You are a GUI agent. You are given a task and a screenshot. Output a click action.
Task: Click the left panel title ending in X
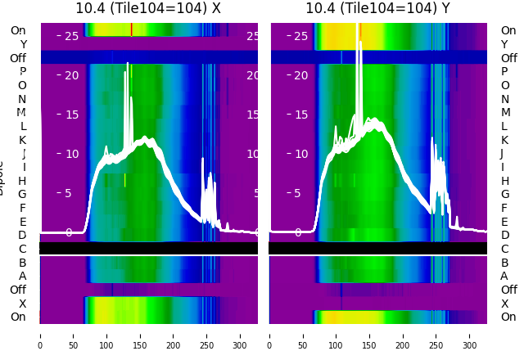(x=148, y=8)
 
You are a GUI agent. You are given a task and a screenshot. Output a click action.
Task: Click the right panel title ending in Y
(x=378, y=8)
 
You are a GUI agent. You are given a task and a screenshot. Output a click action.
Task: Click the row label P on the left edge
(x=23, y=72)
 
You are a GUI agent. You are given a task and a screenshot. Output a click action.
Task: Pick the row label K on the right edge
(x=504, y=140)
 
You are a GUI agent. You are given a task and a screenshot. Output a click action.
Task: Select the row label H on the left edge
(x=23, y=181)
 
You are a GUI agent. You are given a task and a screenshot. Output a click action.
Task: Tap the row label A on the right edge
(x=504, y=277)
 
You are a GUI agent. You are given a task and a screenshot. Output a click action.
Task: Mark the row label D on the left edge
(x=23, y=236)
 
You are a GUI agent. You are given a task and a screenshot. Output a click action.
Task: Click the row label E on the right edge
(x=504, y=222)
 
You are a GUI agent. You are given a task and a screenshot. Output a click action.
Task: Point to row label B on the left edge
(x=23, y=263)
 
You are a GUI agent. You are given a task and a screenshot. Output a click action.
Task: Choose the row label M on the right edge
(x=504, y=113)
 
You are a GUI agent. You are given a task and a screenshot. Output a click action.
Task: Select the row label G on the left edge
(x=23, y=195)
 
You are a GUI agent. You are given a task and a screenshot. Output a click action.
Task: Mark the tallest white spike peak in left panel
(x=128, y=63)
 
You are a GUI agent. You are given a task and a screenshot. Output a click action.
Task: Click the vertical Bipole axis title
(x=2, y=177)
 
